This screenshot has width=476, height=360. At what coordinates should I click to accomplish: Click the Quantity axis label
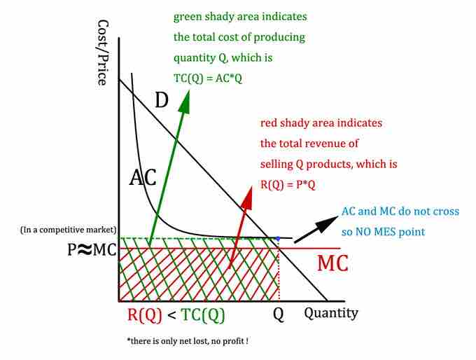(x=330, y=312)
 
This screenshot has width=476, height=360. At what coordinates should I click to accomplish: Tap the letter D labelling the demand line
(x=162, y=100)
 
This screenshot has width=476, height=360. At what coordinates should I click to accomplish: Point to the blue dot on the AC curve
(x=278, y=239)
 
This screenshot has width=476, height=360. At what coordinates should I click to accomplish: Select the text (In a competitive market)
(x=68, y=230)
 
